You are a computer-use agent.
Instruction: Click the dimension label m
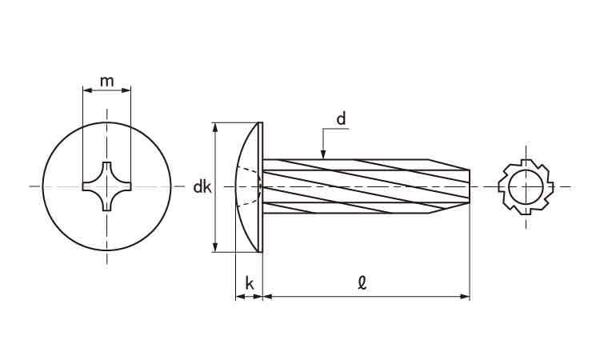[106, 80]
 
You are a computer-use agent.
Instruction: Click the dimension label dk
[202, 187]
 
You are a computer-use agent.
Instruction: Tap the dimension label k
[249, 283]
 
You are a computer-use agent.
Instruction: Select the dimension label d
[341, 119]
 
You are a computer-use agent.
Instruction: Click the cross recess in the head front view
[106, 187]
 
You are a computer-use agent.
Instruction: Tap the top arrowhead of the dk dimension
[214, 127]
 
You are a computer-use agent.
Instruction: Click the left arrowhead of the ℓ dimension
[268, 297]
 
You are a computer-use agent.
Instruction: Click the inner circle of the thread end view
[526, 187]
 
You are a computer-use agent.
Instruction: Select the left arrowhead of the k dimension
[239, 297]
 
